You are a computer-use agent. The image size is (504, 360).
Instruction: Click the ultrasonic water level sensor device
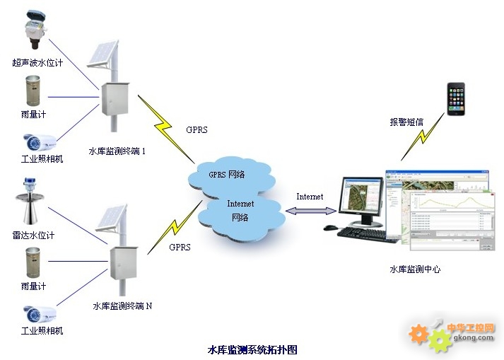tap(35, 30)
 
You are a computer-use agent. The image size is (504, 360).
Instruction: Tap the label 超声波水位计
tap(37, 62)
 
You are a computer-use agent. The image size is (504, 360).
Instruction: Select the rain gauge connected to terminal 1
tap(33, 91)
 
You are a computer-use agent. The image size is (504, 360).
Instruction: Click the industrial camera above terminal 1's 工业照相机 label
tap(39, 143)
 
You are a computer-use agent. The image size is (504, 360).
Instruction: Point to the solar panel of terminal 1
tap(103, 54)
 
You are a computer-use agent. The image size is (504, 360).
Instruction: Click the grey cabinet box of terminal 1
tap(115, 99)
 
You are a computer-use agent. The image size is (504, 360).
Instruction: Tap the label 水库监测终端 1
tap(117, 151)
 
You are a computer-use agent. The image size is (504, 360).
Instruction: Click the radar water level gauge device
tap(30, 201)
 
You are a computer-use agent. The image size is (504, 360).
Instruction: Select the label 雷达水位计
tap(33, 236)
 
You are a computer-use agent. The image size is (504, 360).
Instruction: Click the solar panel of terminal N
tap(112, 217)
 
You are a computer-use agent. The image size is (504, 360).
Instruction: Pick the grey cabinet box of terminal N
tap(124, 263)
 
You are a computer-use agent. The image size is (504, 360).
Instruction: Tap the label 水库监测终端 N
tap(122, 306)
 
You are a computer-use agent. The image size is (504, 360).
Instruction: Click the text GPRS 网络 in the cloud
tap(227, 175)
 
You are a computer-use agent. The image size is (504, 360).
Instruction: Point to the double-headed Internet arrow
tap(311, 211)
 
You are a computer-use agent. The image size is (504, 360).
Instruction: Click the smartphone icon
tap(456, 99)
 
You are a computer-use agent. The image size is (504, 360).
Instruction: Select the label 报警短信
tap(406, 122)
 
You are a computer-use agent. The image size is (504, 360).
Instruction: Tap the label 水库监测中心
tap(415, 269)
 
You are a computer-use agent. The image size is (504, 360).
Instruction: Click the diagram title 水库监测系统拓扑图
tap(252, 349)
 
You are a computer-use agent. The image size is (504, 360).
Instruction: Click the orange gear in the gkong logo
tap(418, 335)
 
